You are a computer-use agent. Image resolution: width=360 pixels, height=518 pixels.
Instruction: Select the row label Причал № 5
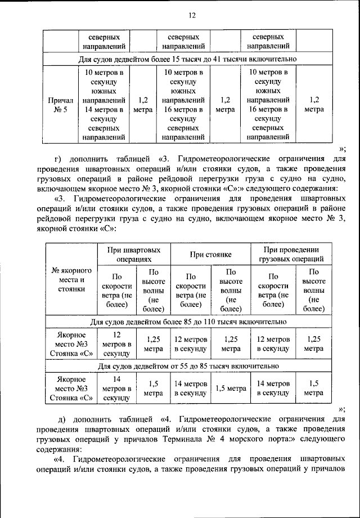pos(60,105)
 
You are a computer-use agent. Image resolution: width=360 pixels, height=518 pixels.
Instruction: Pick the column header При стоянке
pos(211,254)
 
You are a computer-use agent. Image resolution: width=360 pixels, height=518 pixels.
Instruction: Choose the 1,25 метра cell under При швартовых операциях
pos(153,344)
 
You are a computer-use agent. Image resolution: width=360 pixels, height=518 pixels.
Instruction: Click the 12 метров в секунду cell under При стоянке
pos(191,344)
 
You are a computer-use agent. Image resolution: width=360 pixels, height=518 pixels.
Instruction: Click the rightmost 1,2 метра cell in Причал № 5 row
pos(314,105)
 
